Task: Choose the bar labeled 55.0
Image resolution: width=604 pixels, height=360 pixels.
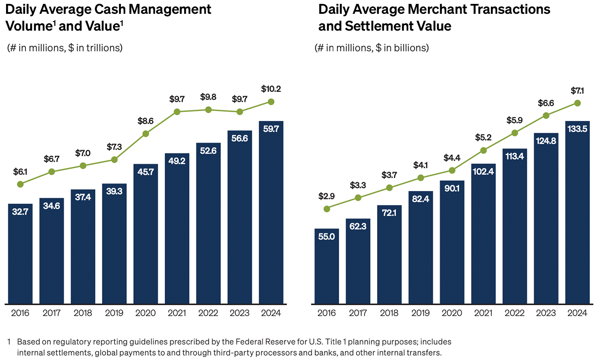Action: [x=327, y=266]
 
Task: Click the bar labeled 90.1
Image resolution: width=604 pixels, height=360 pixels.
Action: [x=452, y=242]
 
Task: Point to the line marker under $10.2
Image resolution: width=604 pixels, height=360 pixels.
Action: [x=271, y=102]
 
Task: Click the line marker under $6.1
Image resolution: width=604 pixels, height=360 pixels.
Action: [x=20, y=184]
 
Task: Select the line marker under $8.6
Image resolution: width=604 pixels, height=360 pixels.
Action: [x=146, y=134]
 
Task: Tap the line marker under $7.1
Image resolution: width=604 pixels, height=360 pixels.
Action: [x=578, y=103]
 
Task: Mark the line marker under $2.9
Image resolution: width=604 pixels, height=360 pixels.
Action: [x=327, y=209]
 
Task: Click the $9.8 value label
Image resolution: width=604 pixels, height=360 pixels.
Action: [x=208, y=98]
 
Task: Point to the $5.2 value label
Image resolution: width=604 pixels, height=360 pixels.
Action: [x=484, y=138]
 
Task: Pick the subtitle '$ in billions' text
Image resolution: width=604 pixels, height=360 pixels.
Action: [x=402, y=48]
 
